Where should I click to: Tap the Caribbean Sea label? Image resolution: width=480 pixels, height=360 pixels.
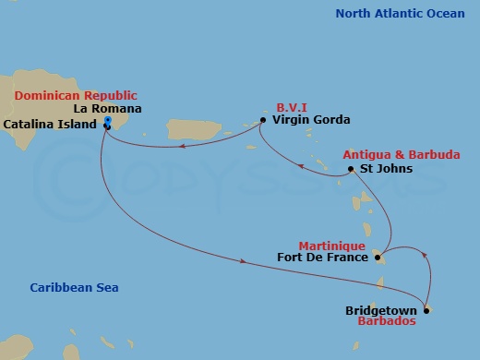click(x=73, y=288)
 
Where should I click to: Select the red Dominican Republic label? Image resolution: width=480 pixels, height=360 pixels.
click(x=75, y=95)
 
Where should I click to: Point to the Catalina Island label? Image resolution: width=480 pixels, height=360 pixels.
click(x=51, y=123)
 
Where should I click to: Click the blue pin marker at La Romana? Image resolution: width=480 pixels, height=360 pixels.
click(x=108, y=123)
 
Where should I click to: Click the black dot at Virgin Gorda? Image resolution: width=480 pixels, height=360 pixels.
click(x=263, y=120)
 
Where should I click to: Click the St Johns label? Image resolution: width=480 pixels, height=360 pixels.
click(x=381, y=170)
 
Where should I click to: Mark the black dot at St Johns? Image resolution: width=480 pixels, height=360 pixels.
click(x=351, y=170)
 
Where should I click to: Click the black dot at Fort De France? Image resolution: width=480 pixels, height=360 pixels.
click(x=378, y=258)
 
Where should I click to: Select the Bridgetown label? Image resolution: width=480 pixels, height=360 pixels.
click(x=380, y=310)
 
